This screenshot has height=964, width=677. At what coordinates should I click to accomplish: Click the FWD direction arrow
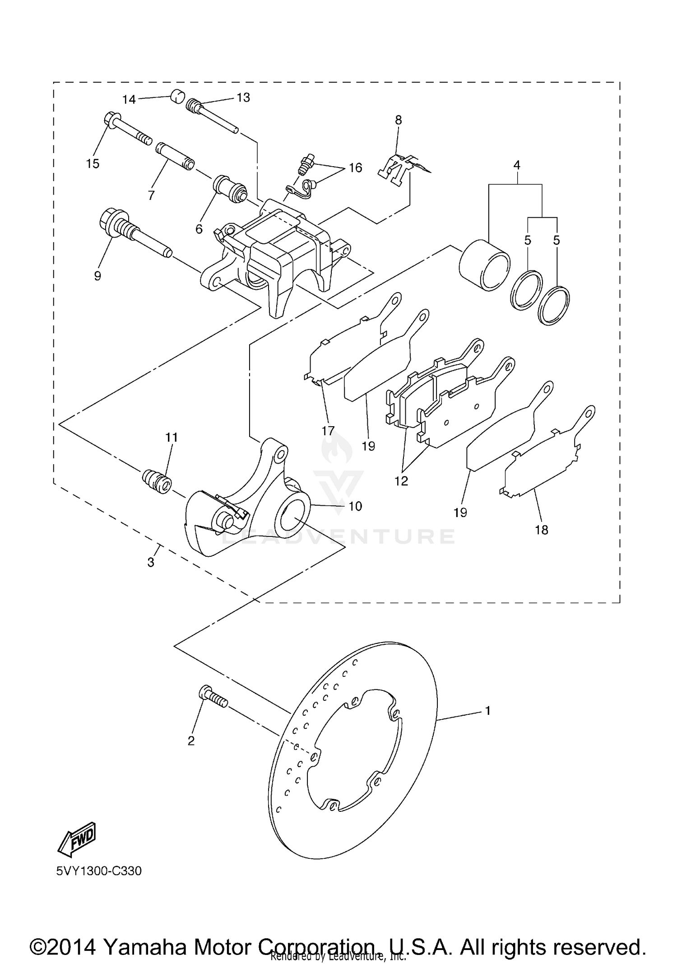[x=76, y=839]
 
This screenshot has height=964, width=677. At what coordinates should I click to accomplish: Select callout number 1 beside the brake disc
[x=487, y=711]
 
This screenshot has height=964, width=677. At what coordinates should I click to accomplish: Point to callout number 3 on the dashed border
[x=151, y=562]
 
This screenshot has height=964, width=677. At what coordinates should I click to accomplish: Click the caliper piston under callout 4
[x=484, y=265]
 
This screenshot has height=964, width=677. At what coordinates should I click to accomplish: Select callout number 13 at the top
[x=243, y=98]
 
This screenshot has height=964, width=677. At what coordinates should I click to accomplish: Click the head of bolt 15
[x=111, y=120]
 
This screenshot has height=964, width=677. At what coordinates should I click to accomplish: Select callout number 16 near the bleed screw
[x=356, y=168]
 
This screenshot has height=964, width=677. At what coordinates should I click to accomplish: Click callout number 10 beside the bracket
[x=355, y=506]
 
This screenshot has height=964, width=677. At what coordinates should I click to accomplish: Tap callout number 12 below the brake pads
[x=401, y=481]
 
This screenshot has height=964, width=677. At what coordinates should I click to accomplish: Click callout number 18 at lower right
[x=541, y=530]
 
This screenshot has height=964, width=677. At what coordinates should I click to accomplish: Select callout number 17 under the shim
[x=328, y=431]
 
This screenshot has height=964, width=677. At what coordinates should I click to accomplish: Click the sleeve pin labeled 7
[x=175, y=156]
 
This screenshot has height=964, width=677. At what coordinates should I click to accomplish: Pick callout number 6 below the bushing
[x=199, y=229]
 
